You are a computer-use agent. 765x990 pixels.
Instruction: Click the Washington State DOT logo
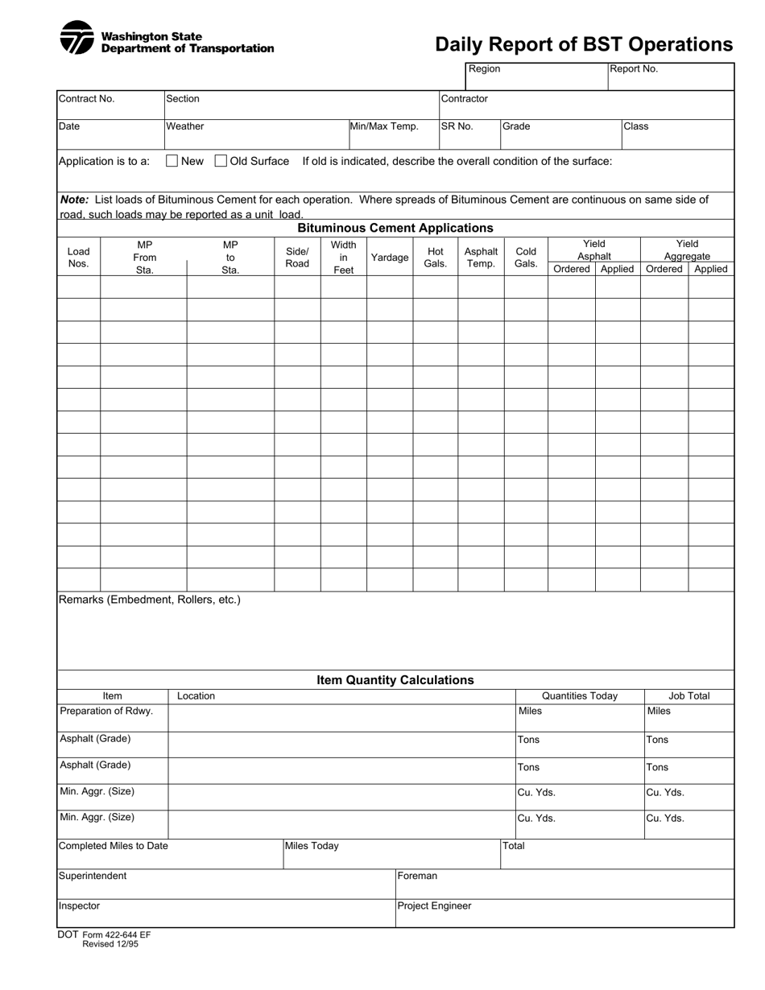(77, 38)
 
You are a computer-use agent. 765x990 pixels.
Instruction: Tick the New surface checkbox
(172, 161)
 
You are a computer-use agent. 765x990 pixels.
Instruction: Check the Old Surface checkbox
(221, 161)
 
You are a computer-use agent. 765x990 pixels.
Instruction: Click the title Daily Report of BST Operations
(584, 44)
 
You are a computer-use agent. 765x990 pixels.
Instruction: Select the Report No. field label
(634, 69)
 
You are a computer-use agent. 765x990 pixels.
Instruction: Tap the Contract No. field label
(87, 99)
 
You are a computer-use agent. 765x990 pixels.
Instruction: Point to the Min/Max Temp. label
(384, 126)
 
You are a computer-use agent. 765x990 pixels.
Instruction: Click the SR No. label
(457, 126)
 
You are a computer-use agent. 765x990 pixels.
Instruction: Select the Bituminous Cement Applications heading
(395, 228)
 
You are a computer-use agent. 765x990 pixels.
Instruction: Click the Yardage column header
(390, 258)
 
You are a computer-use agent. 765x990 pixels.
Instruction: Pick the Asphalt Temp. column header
(481, 258)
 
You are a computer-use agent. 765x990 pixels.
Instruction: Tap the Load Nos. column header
(78, 258)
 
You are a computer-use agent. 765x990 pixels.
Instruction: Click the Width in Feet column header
(344, 258)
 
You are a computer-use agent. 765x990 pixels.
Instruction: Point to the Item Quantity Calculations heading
(395, 680)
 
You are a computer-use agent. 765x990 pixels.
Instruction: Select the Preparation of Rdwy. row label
(106, 712)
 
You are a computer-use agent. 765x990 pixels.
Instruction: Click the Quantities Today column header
(580, 696)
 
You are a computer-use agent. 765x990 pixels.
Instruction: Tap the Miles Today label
(312, 846)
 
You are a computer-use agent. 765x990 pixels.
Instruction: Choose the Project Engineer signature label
(434, 906)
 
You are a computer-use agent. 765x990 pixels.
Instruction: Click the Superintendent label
(93, 876)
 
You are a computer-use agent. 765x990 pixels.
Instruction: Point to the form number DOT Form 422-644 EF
(104, 935)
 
